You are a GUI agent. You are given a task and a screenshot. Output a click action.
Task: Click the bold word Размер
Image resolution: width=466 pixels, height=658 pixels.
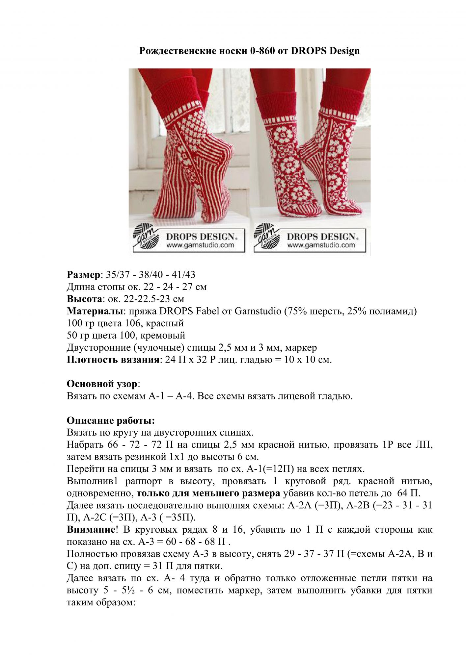tap(83, 275)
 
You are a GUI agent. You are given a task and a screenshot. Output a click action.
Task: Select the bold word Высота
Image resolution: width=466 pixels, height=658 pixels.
tap(84, 299)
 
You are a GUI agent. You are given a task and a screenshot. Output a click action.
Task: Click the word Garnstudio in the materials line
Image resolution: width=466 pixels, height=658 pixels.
tap(258, 311)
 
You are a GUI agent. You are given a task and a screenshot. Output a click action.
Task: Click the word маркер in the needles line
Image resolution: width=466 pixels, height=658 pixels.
tap(301, 348)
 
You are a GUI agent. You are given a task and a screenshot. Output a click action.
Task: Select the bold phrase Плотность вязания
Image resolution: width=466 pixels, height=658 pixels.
tap(113, 360)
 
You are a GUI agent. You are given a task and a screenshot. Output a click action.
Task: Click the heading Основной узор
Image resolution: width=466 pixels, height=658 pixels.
tap(102, 384)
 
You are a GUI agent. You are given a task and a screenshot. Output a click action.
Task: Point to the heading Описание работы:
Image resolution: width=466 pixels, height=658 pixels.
tap(111, 421)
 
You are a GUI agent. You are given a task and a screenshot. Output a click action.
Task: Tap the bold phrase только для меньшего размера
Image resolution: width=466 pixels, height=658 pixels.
tap(208, 493)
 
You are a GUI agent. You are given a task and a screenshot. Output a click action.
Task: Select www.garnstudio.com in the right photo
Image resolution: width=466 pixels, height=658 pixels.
tap(321, 245)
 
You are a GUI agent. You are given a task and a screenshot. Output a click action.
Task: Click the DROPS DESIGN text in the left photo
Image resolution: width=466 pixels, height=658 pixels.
tap(201, 237)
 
